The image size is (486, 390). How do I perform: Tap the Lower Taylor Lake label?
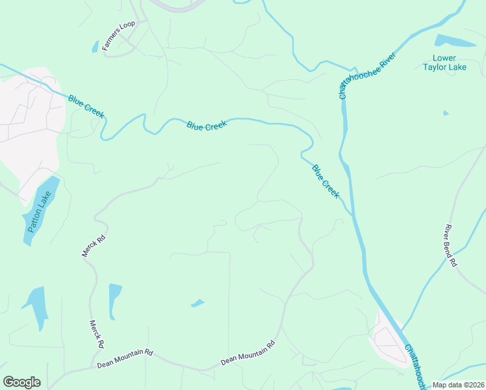(445, 62)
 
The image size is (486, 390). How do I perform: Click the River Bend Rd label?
(452, 246)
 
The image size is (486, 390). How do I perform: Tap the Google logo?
(21, 382)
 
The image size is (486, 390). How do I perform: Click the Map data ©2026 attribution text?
(458, 385)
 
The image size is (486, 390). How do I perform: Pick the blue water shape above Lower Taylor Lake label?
(455, 40)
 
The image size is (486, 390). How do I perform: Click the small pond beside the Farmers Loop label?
(95, 47)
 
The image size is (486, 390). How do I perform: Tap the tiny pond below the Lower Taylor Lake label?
(446, 113)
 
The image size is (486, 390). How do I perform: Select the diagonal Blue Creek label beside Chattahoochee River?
(326, 181)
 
